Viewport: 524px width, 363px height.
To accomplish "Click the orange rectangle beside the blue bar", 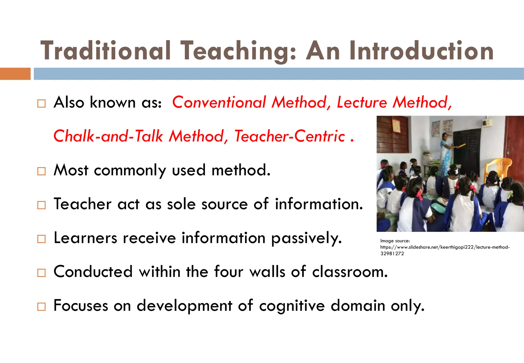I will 15,74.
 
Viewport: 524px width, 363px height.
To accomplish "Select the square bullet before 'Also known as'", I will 41,104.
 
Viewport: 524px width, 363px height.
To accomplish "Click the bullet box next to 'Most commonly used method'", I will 41,171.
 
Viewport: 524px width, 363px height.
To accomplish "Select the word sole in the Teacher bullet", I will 181,204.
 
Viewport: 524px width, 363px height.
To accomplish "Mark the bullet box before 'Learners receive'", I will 41,239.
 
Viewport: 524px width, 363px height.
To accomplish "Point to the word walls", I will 267,272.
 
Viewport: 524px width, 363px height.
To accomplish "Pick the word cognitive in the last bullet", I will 292,306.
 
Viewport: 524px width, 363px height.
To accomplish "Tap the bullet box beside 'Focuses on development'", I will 41,307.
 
